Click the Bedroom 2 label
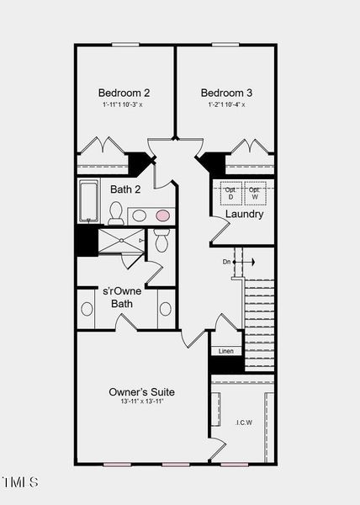(x=124, y=93)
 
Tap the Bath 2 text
(x=126, y=189)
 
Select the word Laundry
(x=244, y=214)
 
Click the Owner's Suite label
(x=141, y=392)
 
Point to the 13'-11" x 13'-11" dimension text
(x=141, y=402)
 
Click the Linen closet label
(x=226, y=350)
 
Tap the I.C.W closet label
(x=243, y=423)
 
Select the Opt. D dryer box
(x=230, y=193)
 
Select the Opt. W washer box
(x=255, y=193)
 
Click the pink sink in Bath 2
(x=162, y=215)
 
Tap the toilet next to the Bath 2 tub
(x=116, y=212)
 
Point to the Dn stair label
(x=226, y=263)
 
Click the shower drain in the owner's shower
(x=121, y=241)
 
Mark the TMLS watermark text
(x=20, y=482)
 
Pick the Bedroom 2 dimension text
(x=123, y=104)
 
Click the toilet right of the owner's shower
(x=161, y=242)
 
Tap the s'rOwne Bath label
(x=123, y=297)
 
